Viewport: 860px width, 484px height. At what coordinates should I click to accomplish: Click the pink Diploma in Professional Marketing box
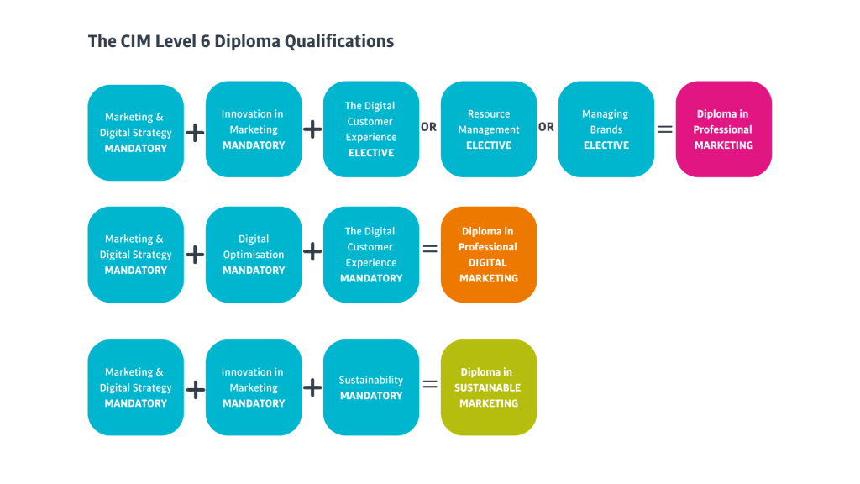723,129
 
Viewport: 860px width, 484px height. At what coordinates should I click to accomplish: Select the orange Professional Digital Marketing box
489,255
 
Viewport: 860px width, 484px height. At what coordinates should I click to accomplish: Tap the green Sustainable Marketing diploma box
489,387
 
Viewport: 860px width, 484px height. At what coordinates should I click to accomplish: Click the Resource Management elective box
489,129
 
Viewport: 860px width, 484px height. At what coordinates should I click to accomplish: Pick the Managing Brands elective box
606,129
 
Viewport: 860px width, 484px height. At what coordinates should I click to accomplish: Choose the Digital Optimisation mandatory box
254,255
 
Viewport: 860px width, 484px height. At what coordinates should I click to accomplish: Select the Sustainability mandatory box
371,387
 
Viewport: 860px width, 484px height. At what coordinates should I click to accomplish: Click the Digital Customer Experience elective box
371,129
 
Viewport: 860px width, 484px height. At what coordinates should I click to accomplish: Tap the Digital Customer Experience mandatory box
371,255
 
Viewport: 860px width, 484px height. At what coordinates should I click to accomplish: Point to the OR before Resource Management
429,127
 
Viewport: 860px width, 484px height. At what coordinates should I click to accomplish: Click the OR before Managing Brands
546,127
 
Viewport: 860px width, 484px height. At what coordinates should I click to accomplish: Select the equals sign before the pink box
665,129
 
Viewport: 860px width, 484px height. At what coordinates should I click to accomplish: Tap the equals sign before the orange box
430,249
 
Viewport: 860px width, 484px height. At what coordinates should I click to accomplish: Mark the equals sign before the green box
430,384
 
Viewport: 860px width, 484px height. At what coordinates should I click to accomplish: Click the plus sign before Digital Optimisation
195,255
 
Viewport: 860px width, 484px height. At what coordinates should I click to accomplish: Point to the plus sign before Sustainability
312,387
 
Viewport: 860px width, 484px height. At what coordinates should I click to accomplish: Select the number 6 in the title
205,41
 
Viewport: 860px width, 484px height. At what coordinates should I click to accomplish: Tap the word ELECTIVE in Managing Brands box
606,145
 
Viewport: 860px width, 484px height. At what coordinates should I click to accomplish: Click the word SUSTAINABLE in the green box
488,388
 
